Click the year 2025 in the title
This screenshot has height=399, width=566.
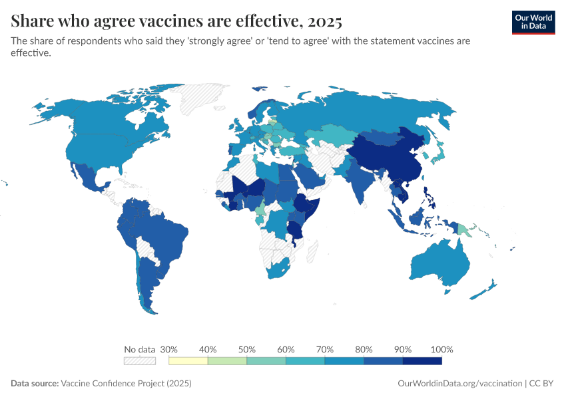(x=324, y=21)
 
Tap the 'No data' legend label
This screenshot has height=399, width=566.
(x=139, y=349)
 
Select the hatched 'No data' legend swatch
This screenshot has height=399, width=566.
(x=139, y=360)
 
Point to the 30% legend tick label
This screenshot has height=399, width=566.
(x=169, y=349)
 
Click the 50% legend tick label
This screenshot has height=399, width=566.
(x=247, y=349)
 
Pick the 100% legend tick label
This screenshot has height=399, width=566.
(x=441, y=349)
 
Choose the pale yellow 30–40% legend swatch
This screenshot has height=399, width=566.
(x=188, y=360)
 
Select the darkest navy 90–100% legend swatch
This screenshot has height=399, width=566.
(x=422, y=360)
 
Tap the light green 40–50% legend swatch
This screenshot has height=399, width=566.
(x=228, y=360)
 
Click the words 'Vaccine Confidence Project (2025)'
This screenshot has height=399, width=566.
(x=126, y=384)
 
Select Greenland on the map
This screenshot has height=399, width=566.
(x=203, y=100)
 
